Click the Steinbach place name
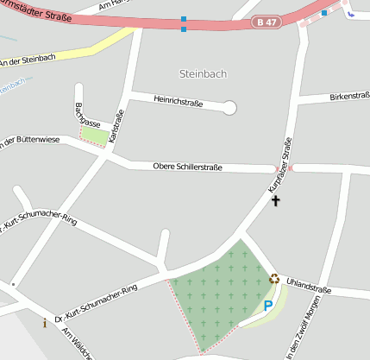(203, 73)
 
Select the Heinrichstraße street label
(178, 103)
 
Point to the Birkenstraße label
(348, 97)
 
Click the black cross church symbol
(276, 201)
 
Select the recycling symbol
(274, 278)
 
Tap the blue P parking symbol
(268, 305)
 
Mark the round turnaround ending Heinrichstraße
(229, 108)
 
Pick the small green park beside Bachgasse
(97, 136)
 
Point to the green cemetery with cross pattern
(216, 294)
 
